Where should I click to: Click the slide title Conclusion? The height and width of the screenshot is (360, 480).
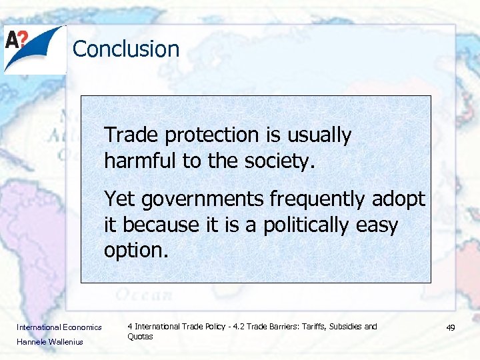click(126, 49)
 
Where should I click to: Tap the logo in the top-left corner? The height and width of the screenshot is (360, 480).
click(35, 49)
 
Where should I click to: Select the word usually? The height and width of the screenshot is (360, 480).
click(319, 135)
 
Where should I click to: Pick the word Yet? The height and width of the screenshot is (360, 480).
click(119, 199)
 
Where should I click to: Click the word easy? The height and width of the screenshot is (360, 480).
click(377, 225)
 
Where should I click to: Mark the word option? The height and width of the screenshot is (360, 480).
click(136, 250)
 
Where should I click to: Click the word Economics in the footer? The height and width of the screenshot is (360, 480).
click(82, 327)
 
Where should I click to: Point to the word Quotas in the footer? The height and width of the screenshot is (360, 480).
click(140, 337)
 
